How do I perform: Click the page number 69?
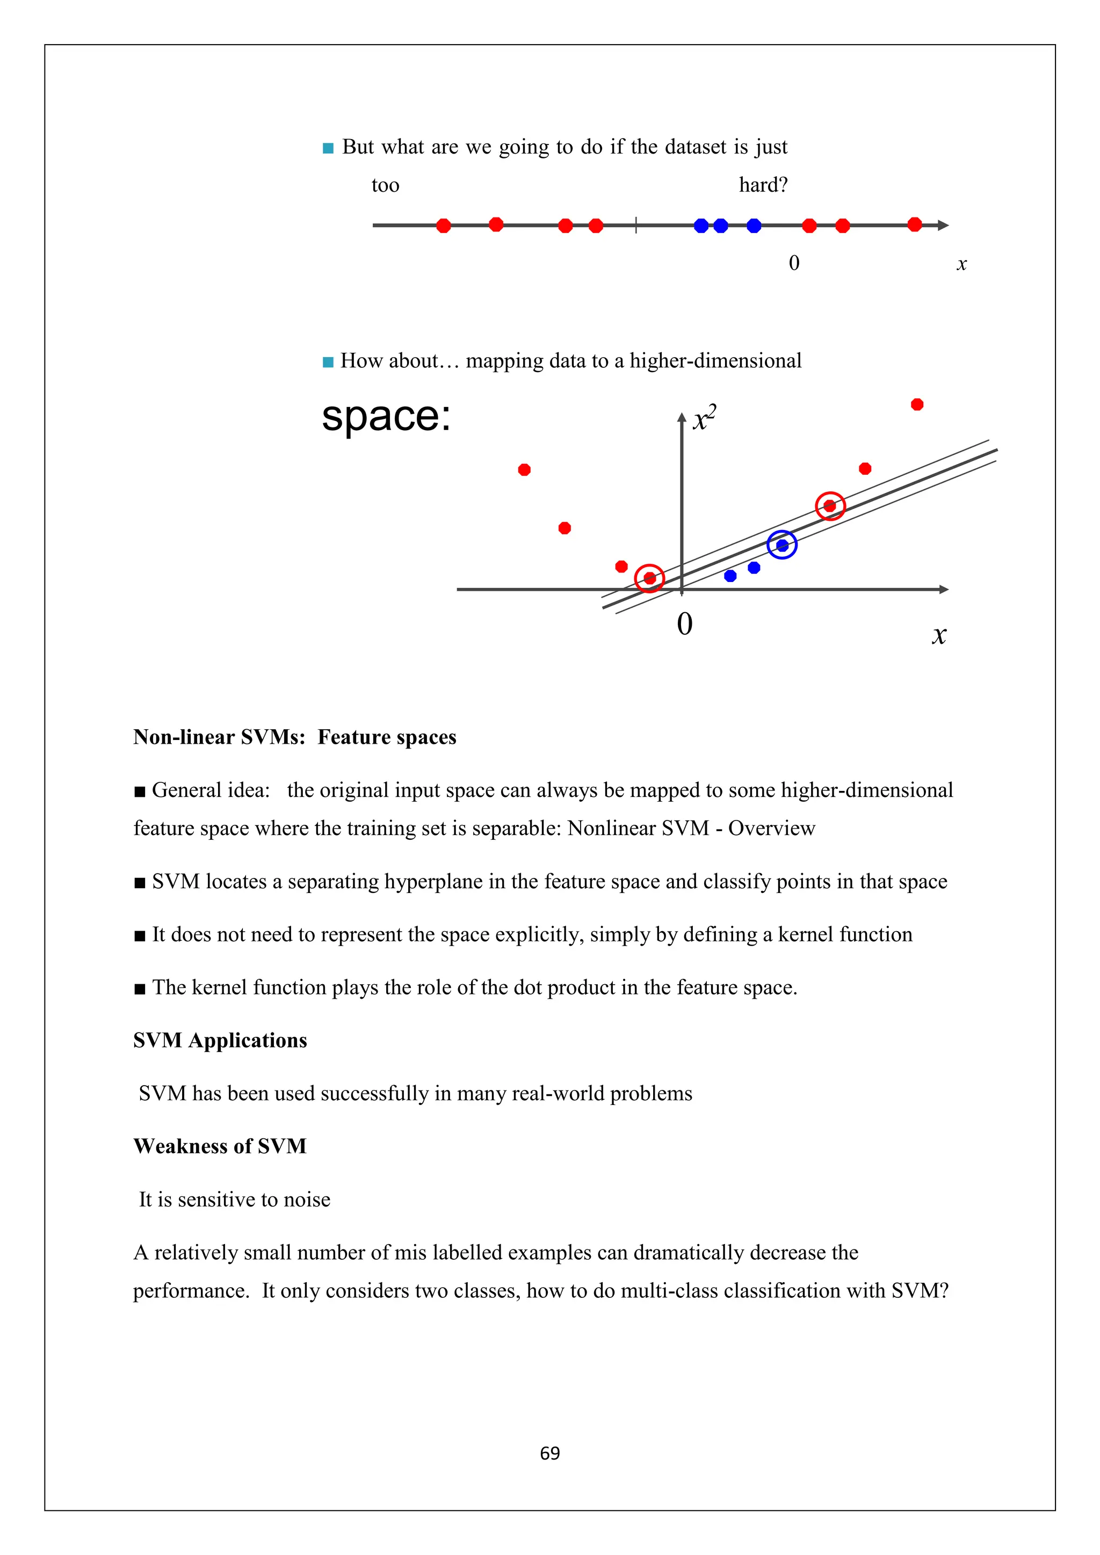[549, 1454]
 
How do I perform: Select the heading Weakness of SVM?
[220, 1146]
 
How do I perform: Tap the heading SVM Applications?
[220, 1040]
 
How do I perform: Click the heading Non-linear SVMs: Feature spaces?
[295, 737]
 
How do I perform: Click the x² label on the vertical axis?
[705, 418]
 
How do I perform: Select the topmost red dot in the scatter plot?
[917, 404]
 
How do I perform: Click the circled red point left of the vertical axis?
[649, 578]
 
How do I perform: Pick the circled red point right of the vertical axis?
[830, 506]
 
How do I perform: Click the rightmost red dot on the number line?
[914, 224]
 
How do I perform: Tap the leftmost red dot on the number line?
[444, 226]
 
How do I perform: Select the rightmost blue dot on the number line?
[754, 226]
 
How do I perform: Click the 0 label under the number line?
[794, 263]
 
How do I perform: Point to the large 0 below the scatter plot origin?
[685, 624]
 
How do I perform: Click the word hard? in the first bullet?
[763, 185]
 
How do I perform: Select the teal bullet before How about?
[328, 362]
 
